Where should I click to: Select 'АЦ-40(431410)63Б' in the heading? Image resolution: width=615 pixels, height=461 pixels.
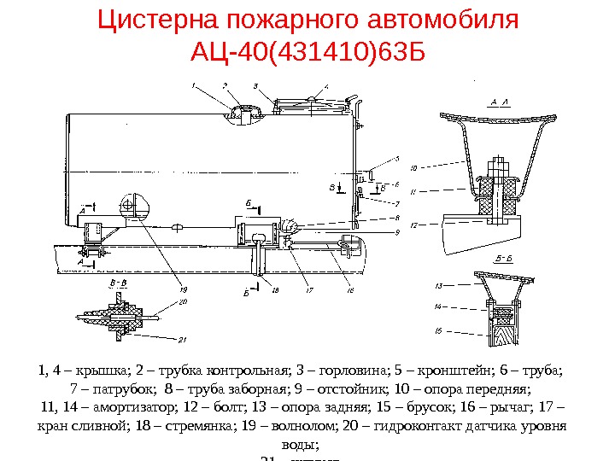point(307,54)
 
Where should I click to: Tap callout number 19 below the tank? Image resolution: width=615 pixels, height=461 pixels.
point(184,290)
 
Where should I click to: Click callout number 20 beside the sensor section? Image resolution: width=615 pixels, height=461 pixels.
point(183,301)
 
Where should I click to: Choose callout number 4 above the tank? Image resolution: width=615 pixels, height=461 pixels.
point(326,87)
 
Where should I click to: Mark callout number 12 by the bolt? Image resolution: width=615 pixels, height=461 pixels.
point(413,225)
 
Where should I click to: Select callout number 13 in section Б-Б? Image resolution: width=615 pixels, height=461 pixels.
point(438,284)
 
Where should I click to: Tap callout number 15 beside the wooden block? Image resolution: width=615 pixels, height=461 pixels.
point(438,330)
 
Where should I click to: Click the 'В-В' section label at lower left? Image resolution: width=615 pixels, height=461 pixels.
point(114,282)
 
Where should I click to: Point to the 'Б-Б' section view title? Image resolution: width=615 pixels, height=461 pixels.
point(502,257)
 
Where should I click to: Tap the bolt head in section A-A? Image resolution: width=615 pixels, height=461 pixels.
point(498,162)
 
